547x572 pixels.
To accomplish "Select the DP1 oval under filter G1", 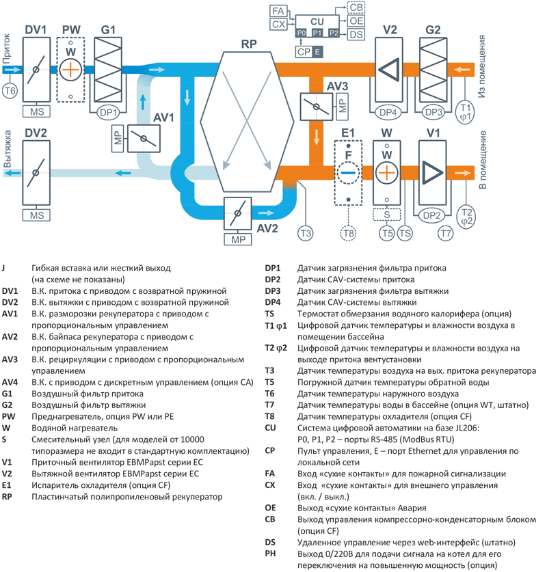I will click(x=109, y=112).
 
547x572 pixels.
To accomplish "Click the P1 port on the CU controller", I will click(x=317, y=33).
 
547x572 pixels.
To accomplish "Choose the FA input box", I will click(x=278, y=12).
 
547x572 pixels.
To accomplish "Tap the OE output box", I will click(x=356, y=21).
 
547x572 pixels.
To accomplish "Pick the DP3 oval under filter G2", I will click(x=432, y=112).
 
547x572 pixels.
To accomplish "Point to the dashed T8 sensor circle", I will click(x=348, y=234).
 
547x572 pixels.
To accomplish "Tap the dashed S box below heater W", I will click(x=386, y=215).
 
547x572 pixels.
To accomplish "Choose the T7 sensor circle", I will click(x=446, y=234).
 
